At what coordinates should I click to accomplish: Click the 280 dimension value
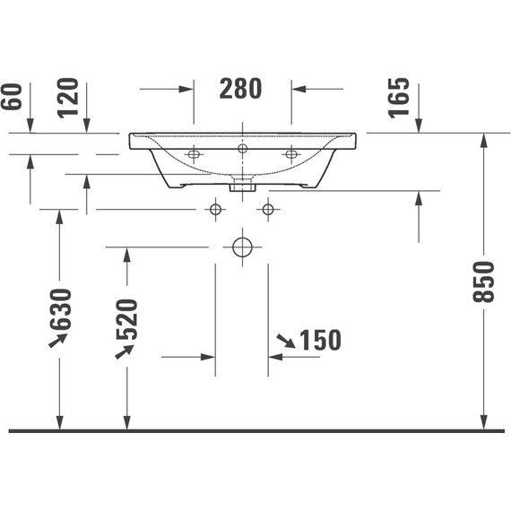[x=241, y=89]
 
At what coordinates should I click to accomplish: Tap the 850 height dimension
[x=484, y=281]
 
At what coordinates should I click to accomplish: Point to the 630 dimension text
[x=60, y=308]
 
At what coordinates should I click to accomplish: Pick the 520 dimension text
[x=126, y=318]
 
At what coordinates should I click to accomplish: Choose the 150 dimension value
[x=321, y=341]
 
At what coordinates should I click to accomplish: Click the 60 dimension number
[x=12, y=95]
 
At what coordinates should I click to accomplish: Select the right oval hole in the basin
[x=290, y=155]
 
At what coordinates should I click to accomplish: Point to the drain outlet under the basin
[x=241, y=186]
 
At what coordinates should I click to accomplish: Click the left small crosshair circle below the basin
[x=214, y=210]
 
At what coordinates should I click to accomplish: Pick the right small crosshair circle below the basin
[x=268, y=210]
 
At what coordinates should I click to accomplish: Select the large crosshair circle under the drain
[x=241, y=247]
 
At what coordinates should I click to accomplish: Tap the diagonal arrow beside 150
[x=285, y=340]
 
